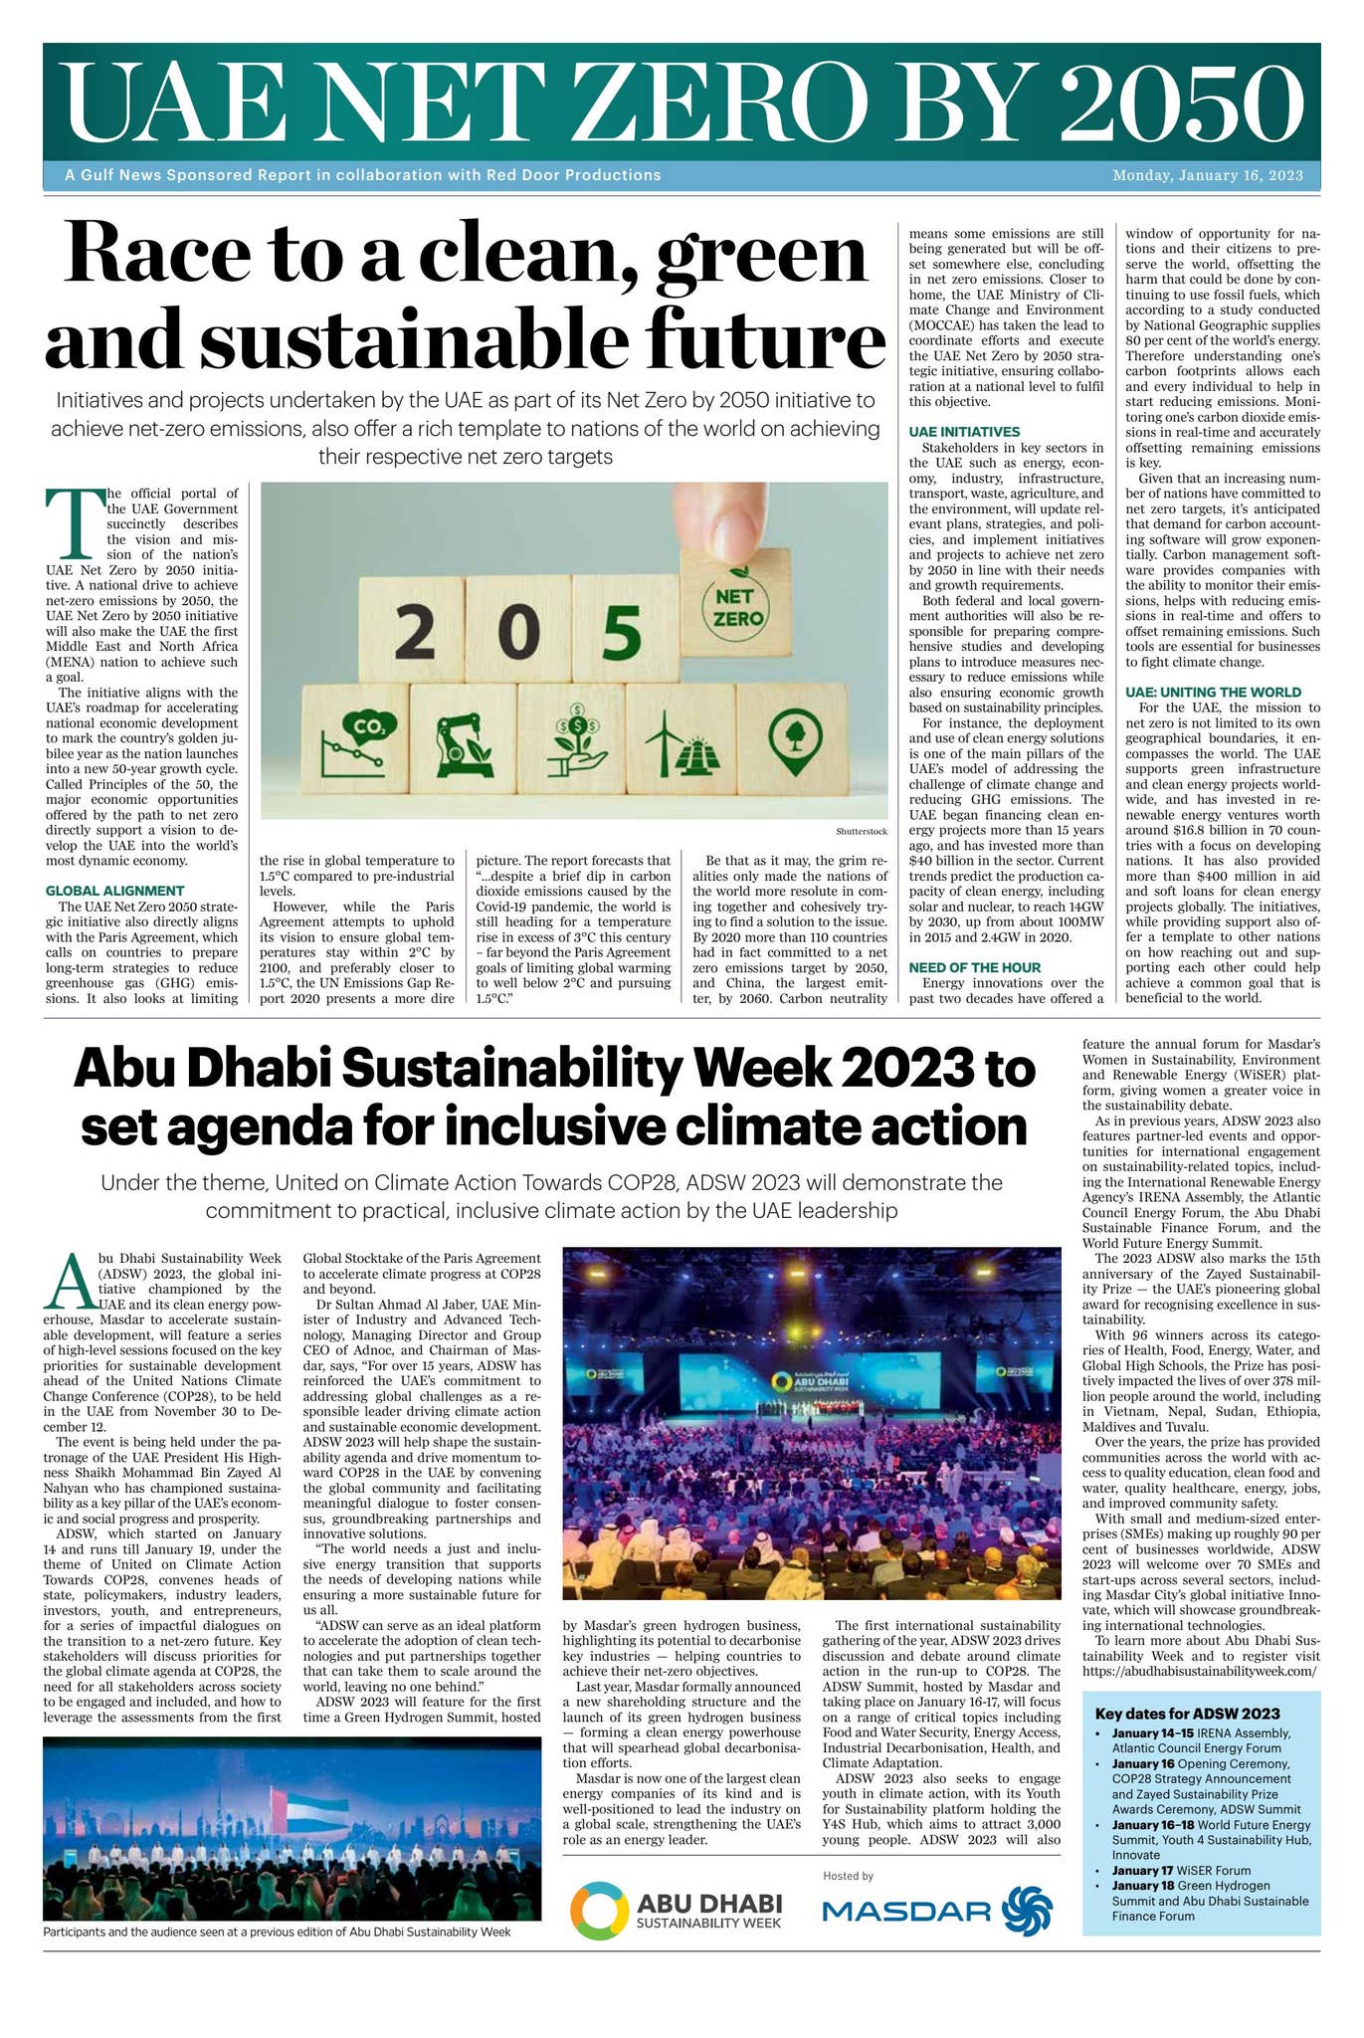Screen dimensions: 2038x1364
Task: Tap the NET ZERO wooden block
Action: (x=735, y=607)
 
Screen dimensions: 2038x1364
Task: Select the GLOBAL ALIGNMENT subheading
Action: (x=115, y=891)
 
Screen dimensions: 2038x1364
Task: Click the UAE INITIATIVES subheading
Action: (x=964, y=432)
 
